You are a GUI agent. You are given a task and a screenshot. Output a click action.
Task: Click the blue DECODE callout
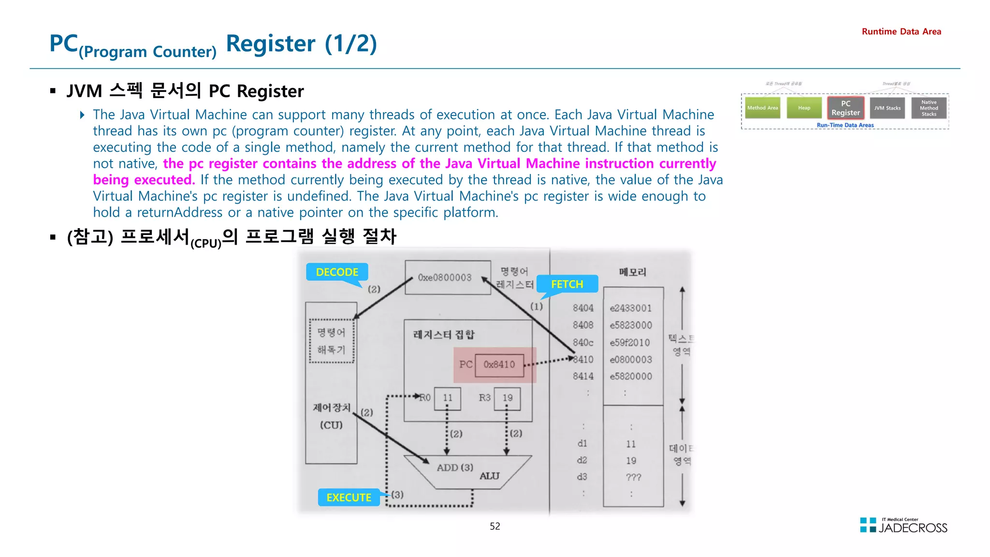point(337,272)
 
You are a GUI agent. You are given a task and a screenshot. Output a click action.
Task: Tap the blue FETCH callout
point(567,284)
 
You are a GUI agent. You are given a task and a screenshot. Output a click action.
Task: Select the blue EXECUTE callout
point(349,498)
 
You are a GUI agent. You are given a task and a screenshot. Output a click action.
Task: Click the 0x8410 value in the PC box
point(499,365)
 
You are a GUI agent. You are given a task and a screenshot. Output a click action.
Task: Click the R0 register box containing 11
point(447,398)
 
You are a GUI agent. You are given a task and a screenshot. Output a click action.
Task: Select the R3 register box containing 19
point(507,398)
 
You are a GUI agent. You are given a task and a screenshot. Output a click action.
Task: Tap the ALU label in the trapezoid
point(489,476)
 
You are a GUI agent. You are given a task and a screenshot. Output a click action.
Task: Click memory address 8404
point(583,308)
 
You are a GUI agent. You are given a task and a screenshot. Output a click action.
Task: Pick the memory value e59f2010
point(630,343)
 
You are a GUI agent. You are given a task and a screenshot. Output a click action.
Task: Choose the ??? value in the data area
point(633,477)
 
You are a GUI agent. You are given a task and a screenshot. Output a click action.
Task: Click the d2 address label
point(582,460)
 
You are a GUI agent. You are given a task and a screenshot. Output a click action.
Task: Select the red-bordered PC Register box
point(845,108)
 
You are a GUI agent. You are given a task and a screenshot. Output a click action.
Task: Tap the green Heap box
point(804,108)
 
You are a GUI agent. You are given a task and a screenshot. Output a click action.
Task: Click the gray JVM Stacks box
point(887,108)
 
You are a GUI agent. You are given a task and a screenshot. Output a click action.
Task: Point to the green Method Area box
point(762,108)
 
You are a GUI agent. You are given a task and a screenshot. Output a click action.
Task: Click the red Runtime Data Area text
point(901,32)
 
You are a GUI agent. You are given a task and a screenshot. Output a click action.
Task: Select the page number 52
point(495,527)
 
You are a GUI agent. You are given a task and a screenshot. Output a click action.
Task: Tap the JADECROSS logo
point(903,526)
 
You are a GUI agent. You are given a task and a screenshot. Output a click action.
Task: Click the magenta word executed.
point(164,180)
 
